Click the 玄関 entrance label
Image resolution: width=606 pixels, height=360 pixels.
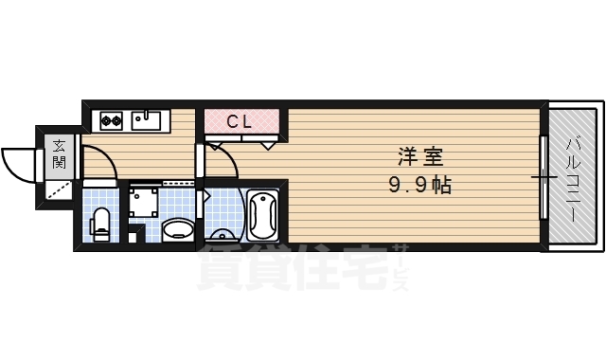coord(59,153)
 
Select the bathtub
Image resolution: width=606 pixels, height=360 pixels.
coord(261,216)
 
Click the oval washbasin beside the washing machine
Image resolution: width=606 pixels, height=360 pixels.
coord(175,230)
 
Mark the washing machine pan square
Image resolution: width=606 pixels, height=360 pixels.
coord(145,203)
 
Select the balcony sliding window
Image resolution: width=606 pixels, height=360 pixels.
coord(544,177)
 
